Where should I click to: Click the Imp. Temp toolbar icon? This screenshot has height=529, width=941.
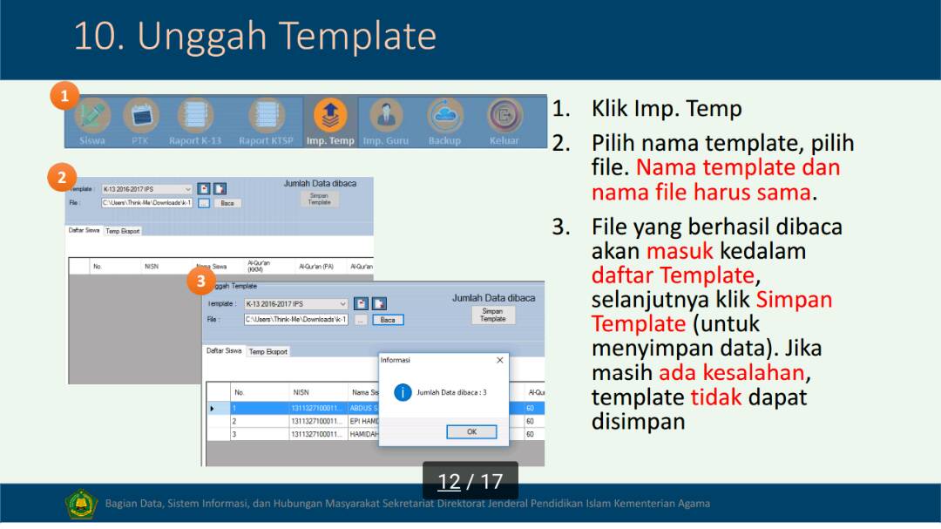[x=330, y=115]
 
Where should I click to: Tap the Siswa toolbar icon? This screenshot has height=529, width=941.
[x=92, y=117]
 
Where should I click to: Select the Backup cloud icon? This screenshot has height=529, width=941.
[x=444, y=115]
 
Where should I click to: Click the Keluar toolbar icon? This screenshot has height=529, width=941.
[x=504, y=115]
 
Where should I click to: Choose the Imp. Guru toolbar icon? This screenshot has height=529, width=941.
[x=385, y=115]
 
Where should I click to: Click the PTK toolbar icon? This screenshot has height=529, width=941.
[x=140, y=116]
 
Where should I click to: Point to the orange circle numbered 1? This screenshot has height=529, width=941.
[x=64, y=95]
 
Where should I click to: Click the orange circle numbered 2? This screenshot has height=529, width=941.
[x=61, y=178]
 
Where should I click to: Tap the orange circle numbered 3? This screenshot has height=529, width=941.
[x=201, y=281]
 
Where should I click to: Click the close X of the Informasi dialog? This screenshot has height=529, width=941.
[x=499, y=360]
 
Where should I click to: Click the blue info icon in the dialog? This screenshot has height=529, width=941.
[x=403, y=392]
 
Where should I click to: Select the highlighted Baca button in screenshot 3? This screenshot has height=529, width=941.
[x=388, y=320]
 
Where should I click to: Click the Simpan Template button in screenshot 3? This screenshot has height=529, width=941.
[x=492, y=315]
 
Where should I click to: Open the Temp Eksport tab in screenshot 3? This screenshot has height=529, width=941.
[x=267, y=352]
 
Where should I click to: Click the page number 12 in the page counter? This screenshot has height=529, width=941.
[x=449, y=481]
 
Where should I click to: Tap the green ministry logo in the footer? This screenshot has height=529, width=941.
[x=81, y=504]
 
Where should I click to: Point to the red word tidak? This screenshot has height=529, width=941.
[x=716, y=397]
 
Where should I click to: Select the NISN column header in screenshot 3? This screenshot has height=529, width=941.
[x=301, y=392]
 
